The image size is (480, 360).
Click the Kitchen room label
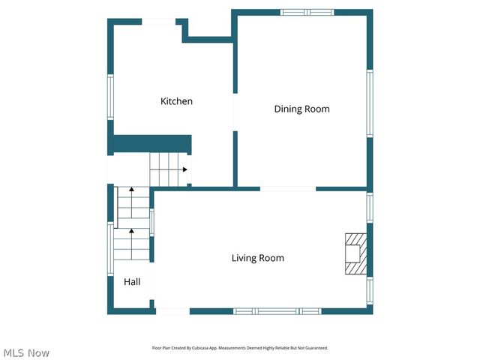[x=176, y=101]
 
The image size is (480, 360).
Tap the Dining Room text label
[x=301, y=109]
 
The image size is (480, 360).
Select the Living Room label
[x=257, y=258]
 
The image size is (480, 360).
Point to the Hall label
[x=132, y=282]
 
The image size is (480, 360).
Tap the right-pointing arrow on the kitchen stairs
[x=182, y=169]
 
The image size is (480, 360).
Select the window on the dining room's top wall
[x=307, y=12]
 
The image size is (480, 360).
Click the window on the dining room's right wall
[x=369, y=103]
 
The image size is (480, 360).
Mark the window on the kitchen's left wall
[x=111, y=97]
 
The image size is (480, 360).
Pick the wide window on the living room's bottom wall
[x=277, y=310]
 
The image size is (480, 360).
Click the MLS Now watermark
[x=26, y=352]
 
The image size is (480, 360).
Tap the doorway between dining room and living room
[x=288, y=188]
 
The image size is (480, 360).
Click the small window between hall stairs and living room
[x=151, y=222]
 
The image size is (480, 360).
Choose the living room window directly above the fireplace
[x=369, y=207]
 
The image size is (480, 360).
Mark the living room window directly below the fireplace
[x=369, y=291]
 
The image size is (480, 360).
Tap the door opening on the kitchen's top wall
[x=160, y=21]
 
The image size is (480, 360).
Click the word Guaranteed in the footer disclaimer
[x=315, y=348]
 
